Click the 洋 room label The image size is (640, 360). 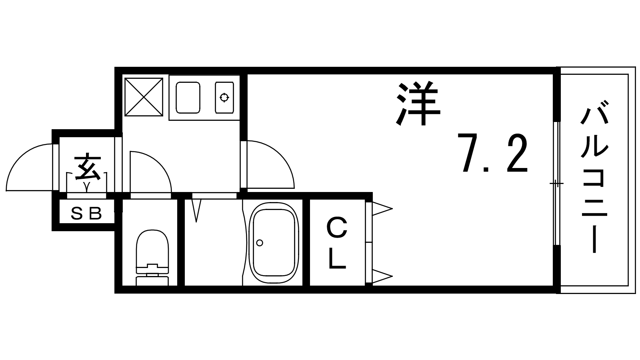tap(418, 104)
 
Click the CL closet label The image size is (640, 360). tap(337, 243)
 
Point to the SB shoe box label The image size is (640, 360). tap(86, 213)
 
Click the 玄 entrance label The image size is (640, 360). tap(88, 168)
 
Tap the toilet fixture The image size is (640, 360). tap(152, 257)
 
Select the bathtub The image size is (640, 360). tap(274, 243)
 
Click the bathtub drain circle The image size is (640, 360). tap(260, 243)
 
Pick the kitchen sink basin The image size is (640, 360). tap(188, 98)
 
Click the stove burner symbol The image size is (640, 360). tap(224, 98)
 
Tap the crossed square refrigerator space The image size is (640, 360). tap(144, 97)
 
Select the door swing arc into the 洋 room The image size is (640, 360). tap(280, 154)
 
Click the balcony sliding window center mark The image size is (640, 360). tap(556, 183)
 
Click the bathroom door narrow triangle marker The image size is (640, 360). tap(196, 210)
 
